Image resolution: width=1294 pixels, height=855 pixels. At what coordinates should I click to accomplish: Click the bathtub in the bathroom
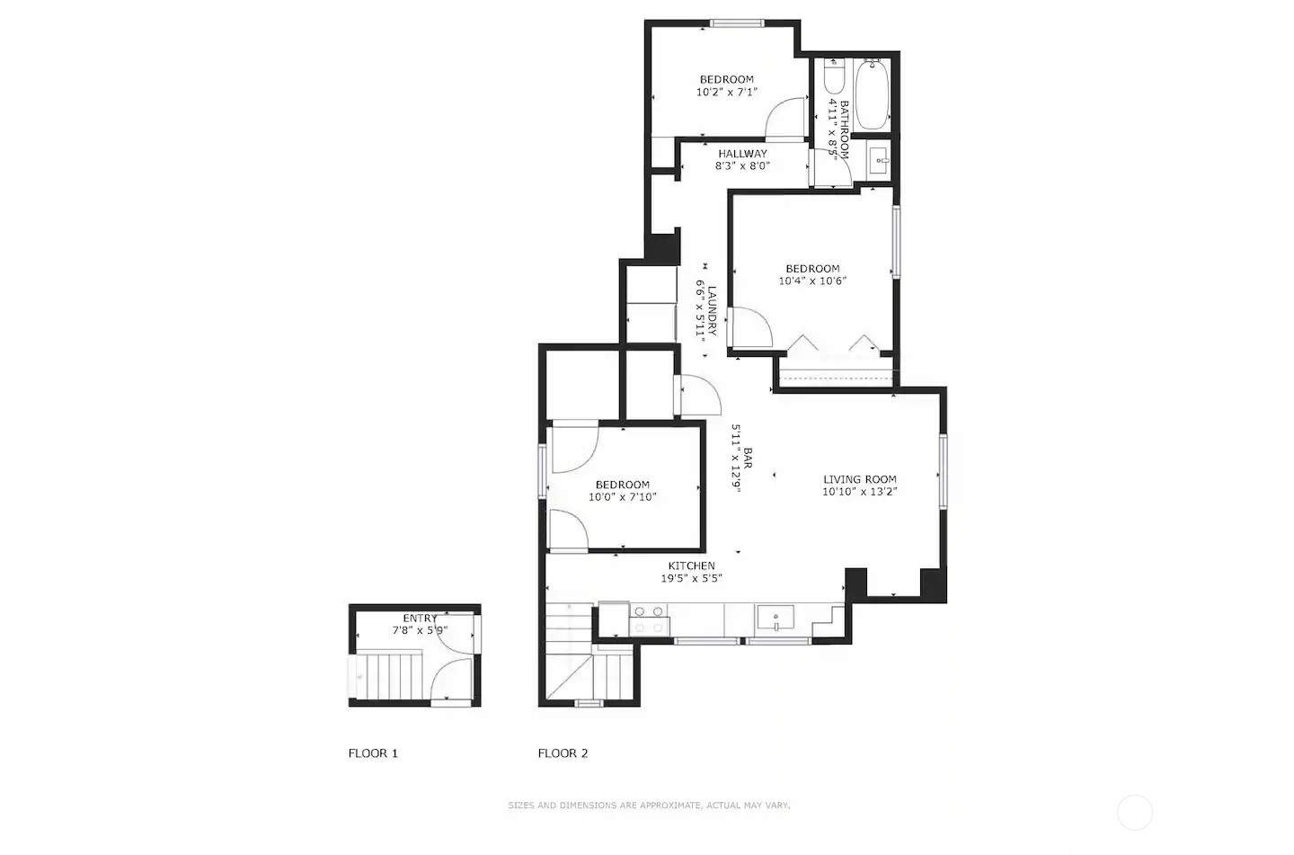[872, 95]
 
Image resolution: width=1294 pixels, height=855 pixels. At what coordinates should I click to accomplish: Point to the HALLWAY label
[742, 154]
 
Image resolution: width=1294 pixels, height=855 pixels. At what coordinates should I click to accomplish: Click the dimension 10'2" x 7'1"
[726, 92]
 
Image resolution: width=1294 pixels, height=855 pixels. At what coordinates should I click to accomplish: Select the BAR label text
[747, 459]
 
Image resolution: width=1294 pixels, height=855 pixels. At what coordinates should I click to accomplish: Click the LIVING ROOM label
[859, 479]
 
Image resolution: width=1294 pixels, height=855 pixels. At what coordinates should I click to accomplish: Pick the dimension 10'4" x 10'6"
[812, 281]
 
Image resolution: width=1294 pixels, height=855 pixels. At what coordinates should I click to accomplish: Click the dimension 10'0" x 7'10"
[622, 496]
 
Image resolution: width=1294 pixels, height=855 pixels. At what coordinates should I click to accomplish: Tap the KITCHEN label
[691, 566]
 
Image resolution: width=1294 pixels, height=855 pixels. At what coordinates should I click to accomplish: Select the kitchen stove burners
[649, 619]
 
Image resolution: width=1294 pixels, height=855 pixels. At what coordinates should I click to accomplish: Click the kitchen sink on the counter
[775, 619]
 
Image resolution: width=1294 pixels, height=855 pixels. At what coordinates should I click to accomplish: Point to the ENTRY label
[420, 619]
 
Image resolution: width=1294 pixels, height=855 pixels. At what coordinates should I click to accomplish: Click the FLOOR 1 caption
[373, 753]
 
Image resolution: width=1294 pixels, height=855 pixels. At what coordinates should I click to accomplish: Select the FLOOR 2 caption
[563, 753]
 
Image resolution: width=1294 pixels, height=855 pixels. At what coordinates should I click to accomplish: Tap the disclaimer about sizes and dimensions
[649, 806]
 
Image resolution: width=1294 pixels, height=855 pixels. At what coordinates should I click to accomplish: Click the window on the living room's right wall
[943, 472]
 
